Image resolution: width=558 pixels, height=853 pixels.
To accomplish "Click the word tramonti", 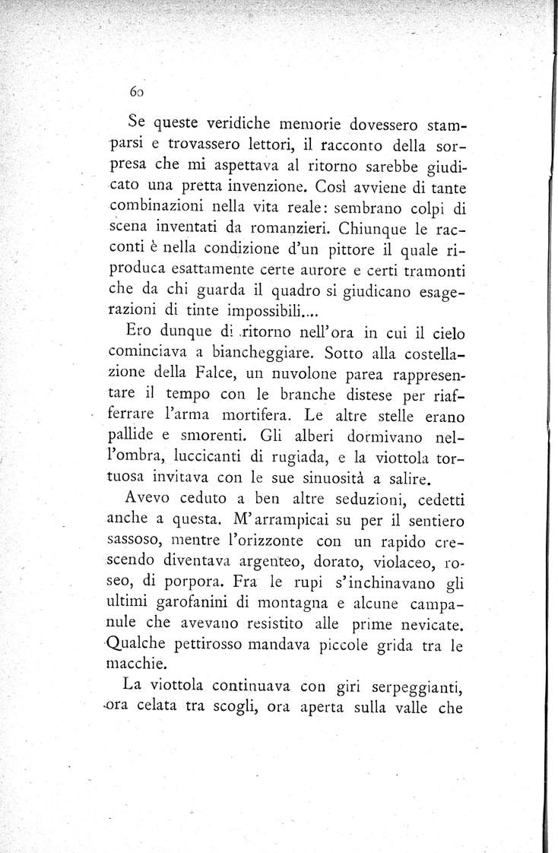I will click(435, 271).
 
